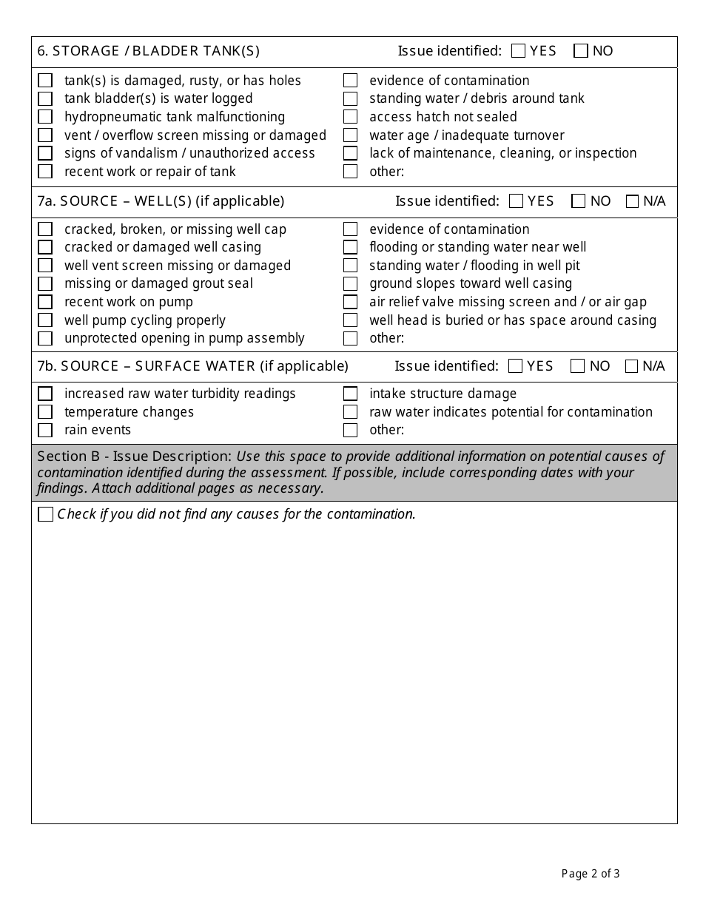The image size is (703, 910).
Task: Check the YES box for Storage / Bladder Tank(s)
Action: coord(518,51)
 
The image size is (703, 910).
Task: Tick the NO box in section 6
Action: coord(581,51)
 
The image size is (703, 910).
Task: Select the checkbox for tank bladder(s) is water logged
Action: coord(45,98)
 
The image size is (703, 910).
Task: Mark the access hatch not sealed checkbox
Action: coord(350,117)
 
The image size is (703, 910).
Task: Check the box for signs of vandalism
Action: coord(45,153)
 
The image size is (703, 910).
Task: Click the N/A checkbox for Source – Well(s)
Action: coord(632,201)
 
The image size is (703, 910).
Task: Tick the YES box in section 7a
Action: coord(517,201)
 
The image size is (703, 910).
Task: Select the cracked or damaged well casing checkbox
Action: coord(45,247)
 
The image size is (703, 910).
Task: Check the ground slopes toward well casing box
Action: coord(350,283)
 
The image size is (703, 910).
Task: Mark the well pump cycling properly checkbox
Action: coord(45,320)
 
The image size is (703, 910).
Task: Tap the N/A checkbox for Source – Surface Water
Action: coord(631,366)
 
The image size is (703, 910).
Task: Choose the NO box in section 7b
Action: coord(578,366)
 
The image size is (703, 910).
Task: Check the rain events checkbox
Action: coord(45,430)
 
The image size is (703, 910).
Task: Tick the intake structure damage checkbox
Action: coord(350,394)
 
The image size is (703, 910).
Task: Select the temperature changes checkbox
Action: coord(45,412)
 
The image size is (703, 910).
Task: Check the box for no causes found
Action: coord(45,514)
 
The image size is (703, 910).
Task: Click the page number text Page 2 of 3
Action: coord(591,874)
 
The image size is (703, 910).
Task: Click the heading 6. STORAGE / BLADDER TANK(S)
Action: coord(148,51)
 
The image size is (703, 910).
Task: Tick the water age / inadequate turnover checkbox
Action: coord(350,135)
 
